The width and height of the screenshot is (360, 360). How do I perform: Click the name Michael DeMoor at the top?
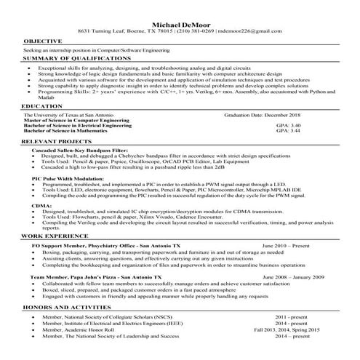click(179, 25)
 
